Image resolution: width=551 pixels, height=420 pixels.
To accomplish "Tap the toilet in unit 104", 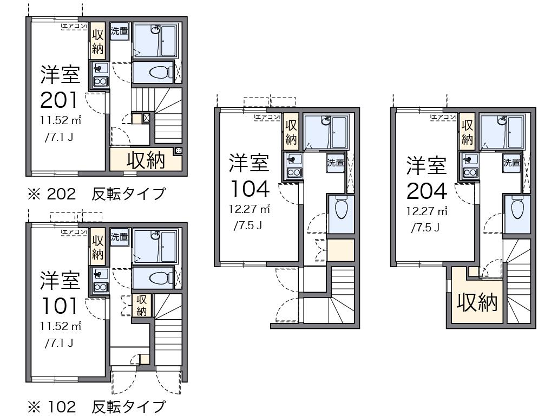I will point(340,209).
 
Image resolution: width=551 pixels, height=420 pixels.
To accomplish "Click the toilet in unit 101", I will point(158,278).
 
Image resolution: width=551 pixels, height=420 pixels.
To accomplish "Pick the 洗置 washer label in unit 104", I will point(335,161).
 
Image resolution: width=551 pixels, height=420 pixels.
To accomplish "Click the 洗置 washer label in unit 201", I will point(120,31).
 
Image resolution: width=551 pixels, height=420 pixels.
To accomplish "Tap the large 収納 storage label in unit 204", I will point(477,303).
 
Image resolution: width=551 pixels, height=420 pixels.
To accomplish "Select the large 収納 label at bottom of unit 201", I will point(146,160).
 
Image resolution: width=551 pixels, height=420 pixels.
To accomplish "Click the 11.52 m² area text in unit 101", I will point(60,326).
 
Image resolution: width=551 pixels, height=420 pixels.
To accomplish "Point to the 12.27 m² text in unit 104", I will point(248,208).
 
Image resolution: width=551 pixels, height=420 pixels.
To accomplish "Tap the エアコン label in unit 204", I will point(443,116).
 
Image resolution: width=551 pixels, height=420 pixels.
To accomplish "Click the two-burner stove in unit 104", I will point(294,173).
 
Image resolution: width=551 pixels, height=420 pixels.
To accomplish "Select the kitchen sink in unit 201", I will point(100,68).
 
